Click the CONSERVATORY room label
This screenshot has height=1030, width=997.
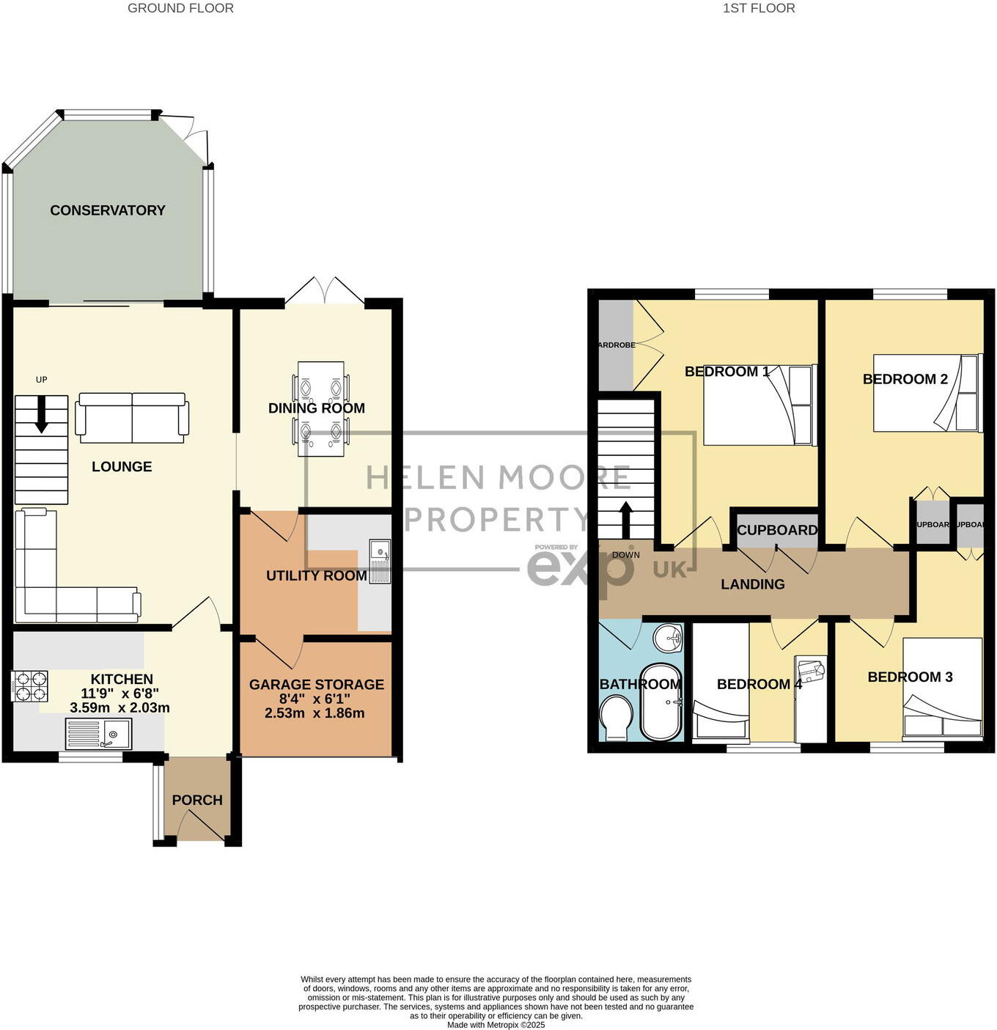108,210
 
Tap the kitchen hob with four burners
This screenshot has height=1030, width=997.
30,686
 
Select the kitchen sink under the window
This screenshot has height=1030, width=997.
98,733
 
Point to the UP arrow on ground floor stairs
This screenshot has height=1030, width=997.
41,413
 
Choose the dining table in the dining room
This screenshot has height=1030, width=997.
321,408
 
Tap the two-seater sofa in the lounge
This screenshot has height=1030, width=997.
132,417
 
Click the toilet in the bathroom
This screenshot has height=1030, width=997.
616,717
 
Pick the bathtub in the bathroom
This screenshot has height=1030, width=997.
661,702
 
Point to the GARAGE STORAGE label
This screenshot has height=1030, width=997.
317,685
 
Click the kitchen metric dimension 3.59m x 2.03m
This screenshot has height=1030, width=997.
119,708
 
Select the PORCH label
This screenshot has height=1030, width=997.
197,800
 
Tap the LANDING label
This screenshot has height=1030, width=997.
752,584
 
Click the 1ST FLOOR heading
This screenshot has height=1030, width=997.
759,8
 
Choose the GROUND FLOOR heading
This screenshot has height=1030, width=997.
180,8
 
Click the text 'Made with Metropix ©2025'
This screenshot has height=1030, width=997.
496,1025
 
